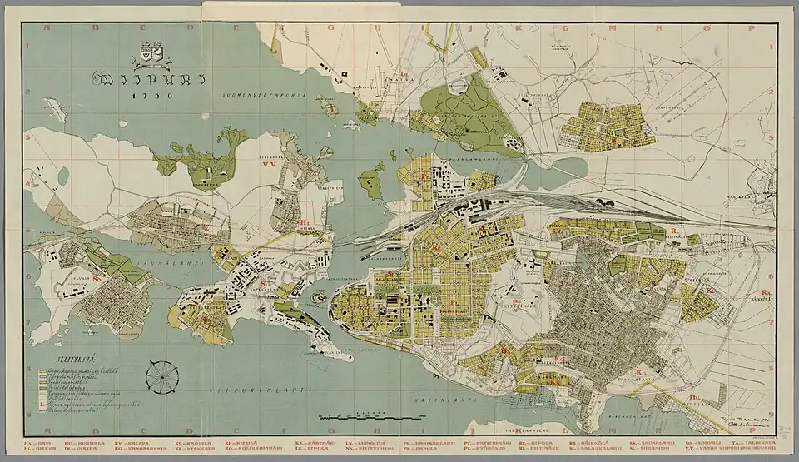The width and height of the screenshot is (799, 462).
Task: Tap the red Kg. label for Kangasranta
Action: (x=639, y=371)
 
